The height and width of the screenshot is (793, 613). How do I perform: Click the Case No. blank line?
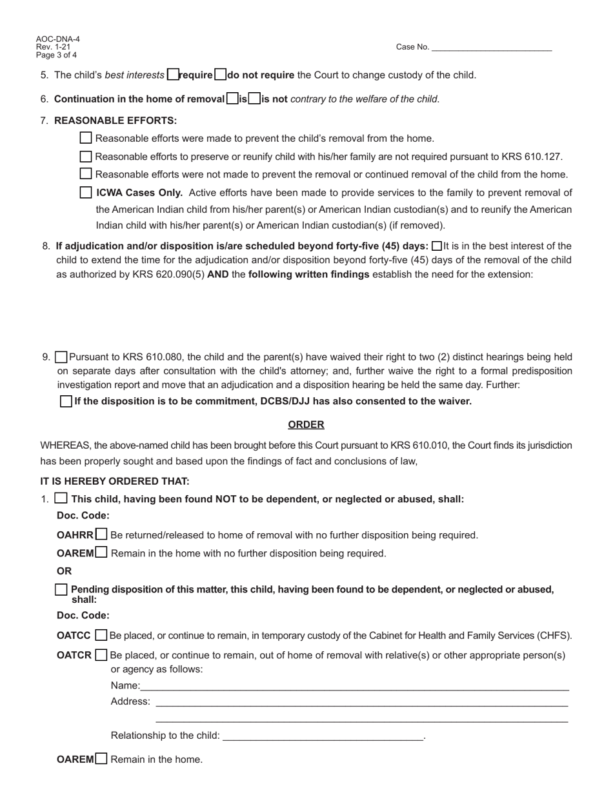point(492,47)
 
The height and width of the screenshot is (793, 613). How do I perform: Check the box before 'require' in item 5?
point(172,75)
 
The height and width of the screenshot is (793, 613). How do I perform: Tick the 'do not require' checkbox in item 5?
point(220,75)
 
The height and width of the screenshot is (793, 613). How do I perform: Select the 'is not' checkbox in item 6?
point(254,99)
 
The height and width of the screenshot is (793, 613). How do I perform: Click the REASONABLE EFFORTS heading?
point(116,121)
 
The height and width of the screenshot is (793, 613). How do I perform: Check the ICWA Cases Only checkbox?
point(86,192)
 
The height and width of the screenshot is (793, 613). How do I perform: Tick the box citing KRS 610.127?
point(86,157)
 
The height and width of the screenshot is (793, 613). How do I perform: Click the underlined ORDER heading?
point(306,424)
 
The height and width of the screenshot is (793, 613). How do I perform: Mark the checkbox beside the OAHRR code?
point(101,534)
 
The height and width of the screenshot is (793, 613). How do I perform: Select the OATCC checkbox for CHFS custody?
point(101,635)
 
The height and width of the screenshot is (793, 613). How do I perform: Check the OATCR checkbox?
point(101,655)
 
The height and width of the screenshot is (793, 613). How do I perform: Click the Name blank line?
point(354,685)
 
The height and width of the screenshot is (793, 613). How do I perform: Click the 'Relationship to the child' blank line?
point(323,736)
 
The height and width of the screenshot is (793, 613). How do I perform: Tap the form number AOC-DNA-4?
point(58,39)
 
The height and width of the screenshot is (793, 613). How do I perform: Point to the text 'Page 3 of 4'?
point(56,55)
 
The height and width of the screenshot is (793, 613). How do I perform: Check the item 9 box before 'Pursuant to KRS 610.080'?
point(61,357)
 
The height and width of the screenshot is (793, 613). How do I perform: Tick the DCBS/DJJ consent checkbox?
point(66,401)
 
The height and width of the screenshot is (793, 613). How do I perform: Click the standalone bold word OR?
point(64,571)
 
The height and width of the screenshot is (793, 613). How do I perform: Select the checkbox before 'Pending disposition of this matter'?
point(61,589)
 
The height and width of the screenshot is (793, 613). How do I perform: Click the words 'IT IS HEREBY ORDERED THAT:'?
point(115,481)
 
